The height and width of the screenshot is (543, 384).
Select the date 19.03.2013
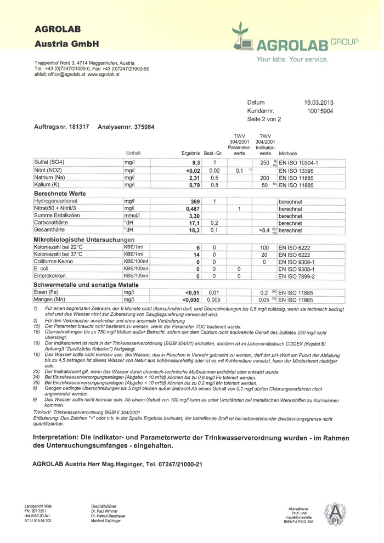click(x=319, y=103)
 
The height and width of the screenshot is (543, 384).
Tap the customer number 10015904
click(x=321, y=111)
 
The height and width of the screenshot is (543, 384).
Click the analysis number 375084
click(x=140, y=127)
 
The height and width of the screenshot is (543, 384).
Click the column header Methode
click(x=288, y=153)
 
